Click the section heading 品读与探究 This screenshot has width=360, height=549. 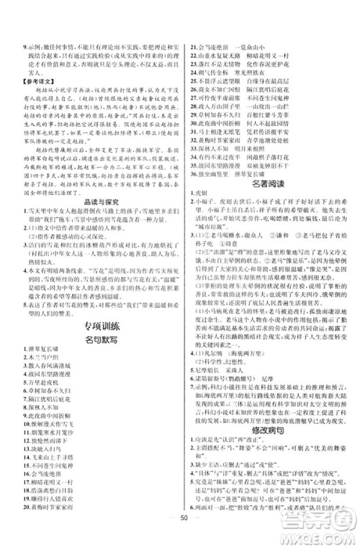(95, 223)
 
